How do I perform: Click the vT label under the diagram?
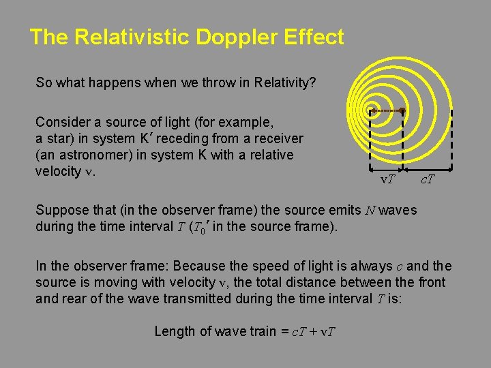388,179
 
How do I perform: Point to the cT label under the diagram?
428,179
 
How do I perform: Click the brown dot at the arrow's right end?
402,110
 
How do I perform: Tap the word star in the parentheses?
55,138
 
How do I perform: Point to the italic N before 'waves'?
370,210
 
